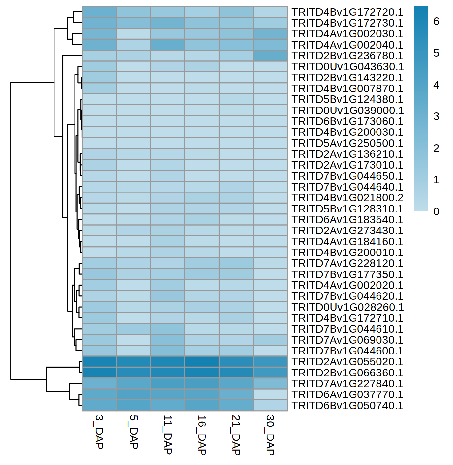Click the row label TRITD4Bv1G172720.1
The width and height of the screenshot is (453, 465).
tap(347, 12)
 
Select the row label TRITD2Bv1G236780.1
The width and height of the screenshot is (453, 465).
tap(347, 56)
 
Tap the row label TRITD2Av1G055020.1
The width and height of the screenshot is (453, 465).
tap(347, 362)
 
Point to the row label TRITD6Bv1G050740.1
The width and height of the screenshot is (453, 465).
tap(347, 406)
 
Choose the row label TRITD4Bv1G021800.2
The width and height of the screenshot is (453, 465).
tap(347, 198)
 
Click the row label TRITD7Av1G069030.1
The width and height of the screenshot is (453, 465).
tap(347, 340)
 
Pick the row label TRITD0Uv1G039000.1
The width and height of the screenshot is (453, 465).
tap(347, 111)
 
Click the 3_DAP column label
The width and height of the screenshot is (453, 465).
tap(99, 432)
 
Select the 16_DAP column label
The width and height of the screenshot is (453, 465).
tap(202, 435)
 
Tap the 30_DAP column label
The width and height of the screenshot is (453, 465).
tap(270, 435)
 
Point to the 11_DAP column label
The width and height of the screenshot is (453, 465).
tap(167, 435)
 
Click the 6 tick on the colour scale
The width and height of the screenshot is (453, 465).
tap(436, 22)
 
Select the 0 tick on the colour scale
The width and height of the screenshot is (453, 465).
tap(436, 212)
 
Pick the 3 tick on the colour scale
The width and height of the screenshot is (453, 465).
tap(436, 116)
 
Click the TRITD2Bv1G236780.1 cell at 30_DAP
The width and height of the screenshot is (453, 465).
tap(270, 56)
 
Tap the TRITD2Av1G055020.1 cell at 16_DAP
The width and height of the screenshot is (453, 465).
tap(202, 362)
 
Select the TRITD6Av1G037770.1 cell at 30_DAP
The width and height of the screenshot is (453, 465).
tap(270, 394)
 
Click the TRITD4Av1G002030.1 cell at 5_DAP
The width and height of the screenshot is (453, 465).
tap(134, 34)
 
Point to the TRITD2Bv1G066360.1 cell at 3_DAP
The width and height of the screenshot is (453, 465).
tap(99, 373)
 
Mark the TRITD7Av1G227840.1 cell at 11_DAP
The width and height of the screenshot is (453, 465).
tap(168, 384)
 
